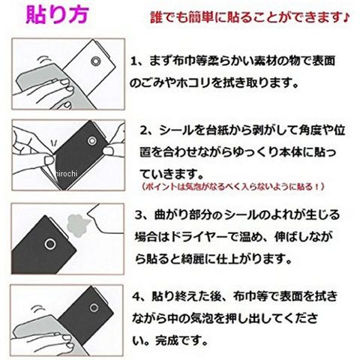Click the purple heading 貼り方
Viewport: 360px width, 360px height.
pos(58,14)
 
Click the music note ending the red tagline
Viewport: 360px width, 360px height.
pos(346,17)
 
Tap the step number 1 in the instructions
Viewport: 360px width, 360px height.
pos(134,61)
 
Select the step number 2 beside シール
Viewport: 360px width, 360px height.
pos(144,130)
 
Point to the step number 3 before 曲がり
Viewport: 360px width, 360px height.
pos(139,215)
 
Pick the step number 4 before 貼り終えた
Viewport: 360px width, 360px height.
pos(136,296)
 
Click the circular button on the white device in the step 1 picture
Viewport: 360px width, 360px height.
pos(96,61)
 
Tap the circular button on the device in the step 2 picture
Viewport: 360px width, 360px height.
pos(92,141)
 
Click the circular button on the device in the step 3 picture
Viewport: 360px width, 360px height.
pos(50,244)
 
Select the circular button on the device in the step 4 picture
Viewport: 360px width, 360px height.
pos(94,307)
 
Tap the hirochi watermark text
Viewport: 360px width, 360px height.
pos(66,173)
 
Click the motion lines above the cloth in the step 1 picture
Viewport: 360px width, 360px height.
pos(44,60)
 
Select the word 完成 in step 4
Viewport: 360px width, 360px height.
pos(167,340)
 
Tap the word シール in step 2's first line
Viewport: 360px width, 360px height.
pos(176,130)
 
